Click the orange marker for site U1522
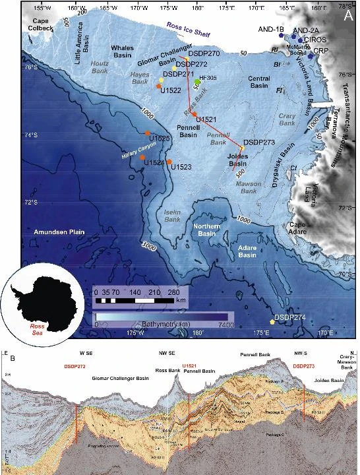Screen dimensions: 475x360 (159, 86)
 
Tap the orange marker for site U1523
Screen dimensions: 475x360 (169, 162)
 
